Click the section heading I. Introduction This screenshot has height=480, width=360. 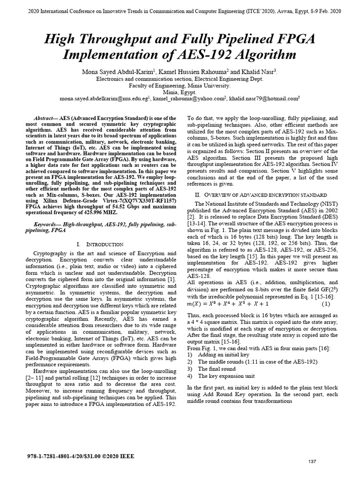99,245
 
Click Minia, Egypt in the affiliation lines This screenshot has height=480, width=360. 180,92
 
